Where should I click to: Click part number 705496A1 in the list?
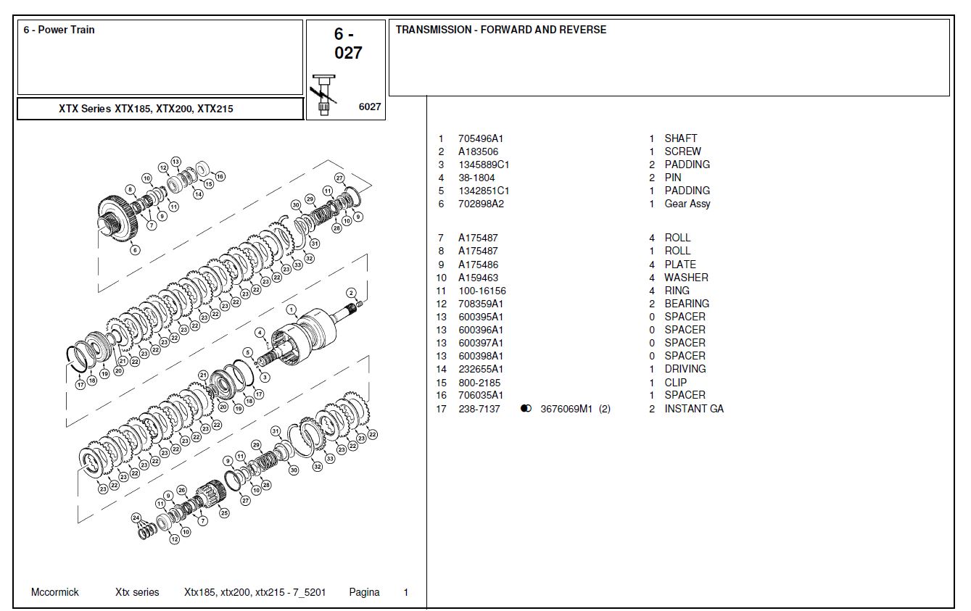point(480,138)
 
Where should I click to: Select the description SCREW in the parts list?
point(682,151)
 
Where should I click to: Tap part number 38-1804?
point(476,178)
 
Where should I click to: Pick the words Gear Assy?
point(687,204)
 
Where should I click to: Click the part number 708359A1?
point(480,304)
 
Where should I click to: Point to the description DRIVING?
point(685,369)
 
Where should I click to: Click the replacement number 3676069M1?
point(566,409)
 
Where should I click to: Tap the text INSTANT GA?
point(693,409)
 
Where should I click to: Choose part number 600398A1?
point(480,356)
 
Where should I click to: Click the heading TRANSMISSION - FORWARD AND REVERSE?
point(500,30)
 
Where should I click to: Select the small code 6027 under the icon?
point(370,107)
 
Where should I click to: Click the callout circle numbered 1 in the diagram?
point(291,309)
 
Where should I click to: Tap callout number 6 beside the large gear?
point(135,251)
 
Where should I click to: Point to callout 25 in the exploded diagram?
point(224,513)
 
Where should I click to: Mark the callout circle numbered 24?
point(136,518)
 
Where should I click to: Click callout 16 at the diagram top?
point(220,176)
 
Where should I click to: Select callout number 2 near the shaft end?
point(351,293)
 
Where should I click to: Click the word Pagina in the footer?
point(364,592)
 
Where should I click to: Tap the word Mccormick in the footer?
point(55,592)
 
